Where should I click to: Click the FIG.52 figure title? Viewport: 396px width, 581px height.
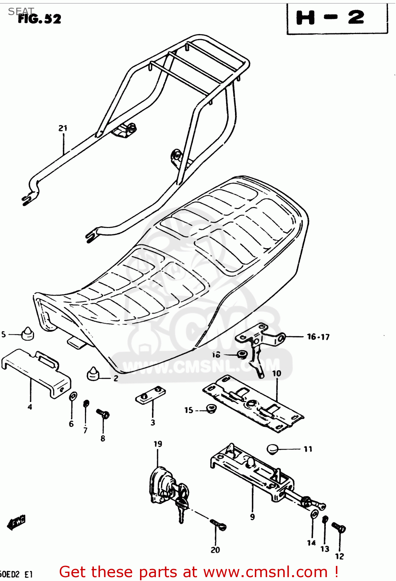point(40,19)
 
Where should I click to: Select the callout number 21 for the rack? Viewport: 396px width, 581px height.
point(63,128)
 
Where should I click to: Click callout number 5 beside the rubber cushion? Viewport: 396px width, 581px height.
point(3,334)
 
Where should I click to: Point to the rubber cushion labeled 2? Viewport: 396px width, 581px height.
point(93,374)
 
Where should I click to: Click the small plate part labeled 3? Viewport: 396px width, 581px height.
point(150,395)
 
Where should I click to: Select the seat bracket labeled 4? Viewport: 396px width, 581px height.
point(36,372)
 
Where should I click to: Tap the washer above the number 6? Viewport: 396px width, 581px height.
point(73,396)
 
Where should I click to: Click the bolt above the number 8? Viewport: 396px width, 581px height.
point(103,414)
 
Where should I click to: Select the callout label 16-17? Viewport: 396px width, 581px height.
point(318,337)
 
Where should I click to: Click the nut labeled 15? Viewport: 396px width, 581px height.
point(211,408)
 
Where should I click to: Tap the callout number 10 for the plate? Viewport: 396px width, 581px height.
point(277,373)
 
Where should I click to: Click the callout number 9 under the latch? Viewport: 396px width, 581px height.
point(252,517)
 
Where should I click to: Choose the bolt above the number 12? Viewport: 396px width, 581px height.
point(339,528)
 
